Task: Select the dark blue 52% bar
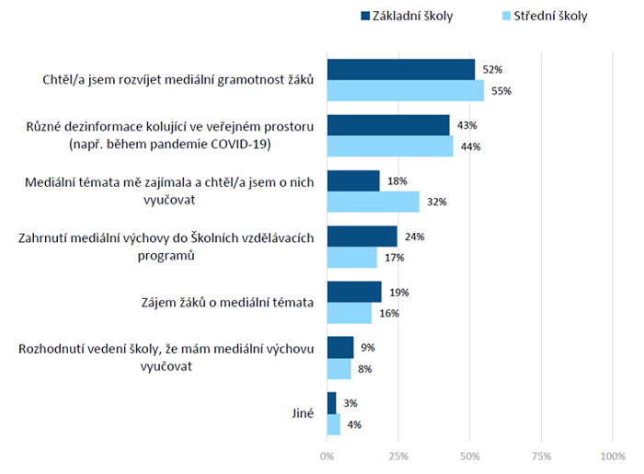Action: (x=401, y=70)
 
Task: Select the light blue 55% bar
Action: (x=406, y=91)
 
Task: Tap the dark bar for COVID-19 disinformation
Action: (x=388, y=125)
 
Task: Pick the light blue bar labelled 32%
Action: (x=373, y=202)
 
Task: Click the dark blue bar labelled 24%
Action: (x=362, y=237)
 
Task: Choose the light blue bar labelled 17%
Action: (x=351, y=258)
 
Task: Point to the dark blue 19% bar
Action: (x=354, y=292)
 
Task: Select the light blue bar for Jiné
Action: (x=333, y=424)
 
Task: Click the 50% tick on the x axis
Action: (x=469, y=456)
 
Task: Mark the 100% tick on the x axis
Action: (x=611, y=456)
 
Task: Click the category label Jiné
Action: (x=301, y=413)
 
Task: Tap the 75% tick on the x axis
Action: (x=541, y=456)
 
